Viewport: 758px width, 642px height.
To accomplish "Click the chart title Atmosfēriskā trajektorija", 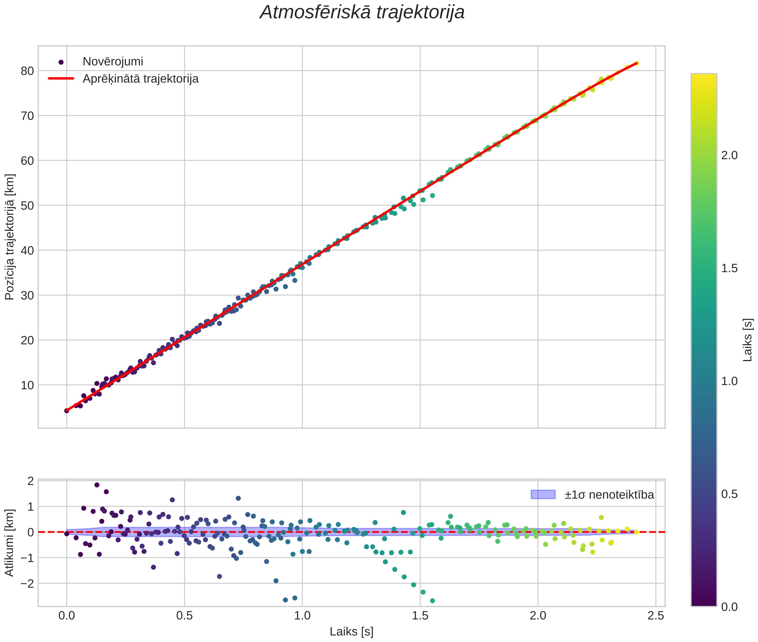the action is (x=362, y=12).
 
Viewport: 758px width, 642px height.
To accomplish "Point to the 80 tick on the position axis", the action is (x=27, y=71).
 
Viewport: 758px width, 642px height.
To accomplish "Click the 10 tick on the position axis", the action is (x=27, y=385).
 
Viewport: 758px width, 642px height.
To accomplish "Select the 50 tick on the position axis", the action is (x=27, y=206).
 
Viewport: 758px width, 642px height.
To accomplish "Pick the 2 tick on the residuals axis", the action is (x=31, y=481).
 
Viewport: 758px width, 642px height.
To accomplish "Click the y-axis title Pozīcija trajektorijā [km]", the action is (x=10, y=237).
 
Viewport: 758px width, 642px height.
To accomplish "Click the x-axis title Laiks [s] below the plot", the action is (x=351, y=632).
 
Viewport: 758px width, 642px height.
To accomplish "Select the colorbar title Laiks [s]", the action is (x=747, y=340).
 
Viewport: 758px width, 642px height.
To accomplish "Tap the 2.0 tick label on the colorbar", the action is (x=729, y=155).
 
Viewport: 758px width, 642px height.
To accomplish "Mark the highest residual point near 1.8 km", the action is (x=97, y=485).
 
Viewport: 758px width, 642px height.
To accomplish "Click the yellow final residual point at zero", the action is (x=636, y=532).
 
